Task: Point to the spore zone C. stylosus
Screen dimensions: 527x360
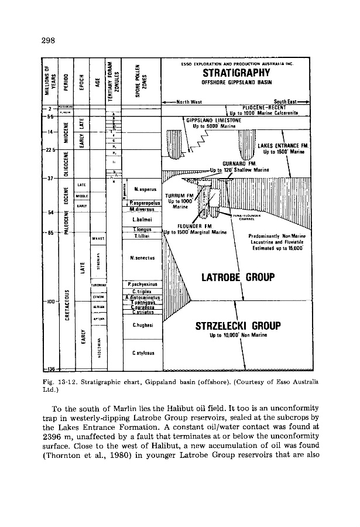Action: (x=143, y=353)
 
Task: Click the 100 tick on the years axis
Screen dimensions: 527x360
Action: (x=51, y=302)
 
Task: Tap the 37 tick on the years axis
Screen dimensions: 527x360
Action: (x=50, y=178)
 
